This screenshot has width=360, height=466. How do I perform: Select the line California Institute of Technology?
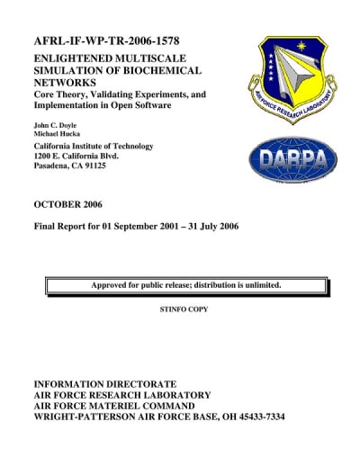point(94,146)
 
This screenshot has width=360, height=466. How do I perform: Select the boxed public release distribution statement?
point(186,286)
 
